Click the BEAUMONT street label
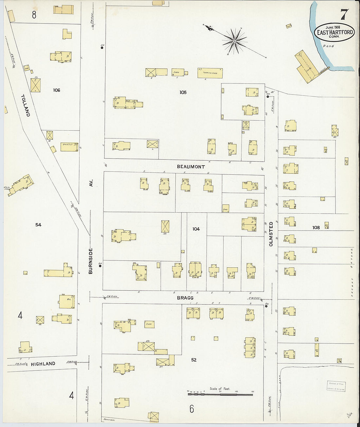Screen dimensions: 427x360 [x=191, y=167]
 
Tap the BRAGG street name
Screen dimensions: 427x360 [x=185, y=298]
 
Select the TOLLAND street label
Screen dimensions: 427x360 [x=26, y=105]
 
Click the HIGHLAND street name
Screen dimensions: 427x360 [x=44, y=364]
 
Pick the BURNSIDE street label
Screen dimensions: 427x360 [x=91, y=261]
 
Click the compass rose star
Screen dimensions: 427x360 [x=234, y=41]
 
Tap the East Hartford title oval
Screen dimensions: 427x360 [x=334, y=32]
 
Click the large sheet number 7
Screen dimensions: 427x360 [x=344, y=15]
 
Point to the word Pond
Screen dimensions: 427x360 [x=328, y=46]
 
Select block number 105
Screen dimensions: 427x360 [x=183, y=92]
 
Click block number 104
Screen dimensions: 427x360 [x=196, y=229]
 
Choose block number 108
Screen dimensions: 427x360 [x=316, y=227]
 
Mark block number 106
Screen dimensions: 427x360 [x=57, y=90]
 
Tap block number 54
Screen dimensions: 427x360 [x=39, y=224]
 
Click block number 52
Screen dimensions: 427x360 [x=194, y=360]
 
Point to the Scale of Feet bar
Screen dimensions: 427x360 [x=220, y=394]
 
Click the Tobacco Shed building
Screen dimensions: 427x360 [x=210, y=73]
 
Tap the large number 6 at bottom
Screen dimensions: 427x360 [x=192, y=408]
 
